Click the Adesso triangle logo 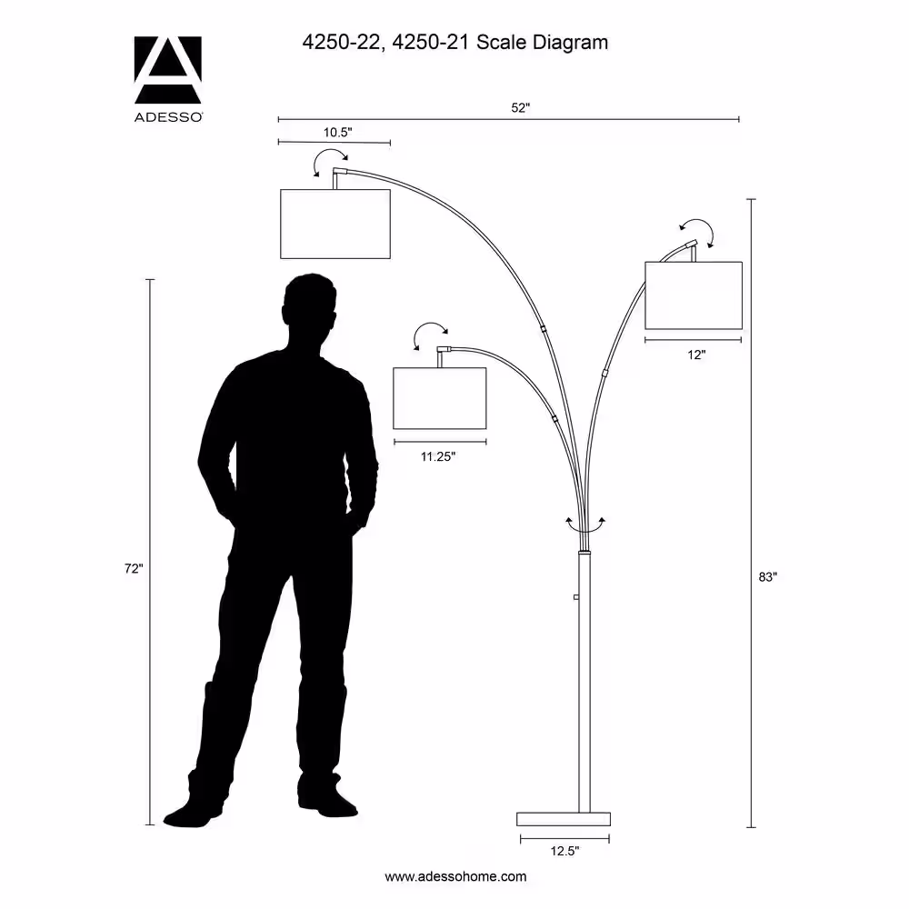tap(168, 70)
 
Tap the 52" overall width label tap(520, 108)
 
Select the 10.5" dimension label tap(337, 132)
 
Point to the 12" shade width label tap(696, 355)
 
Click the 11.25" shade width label tap(438, 457)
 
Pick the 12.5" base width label tap(564, 851)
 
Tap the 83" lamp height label tap(767, 577)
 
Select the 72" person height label tap(134, 569)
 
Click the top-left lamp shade tap(335, 224)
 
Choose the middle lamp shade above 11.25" tap(439, 398)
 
